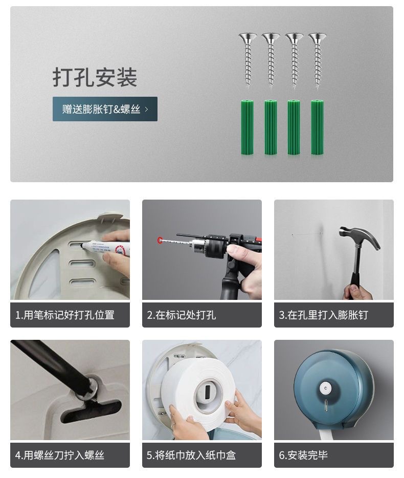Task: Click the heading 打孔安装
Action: [95, 77]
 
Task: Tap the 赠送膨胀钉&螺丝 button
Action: [105, 109]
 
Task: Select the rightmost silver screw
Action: [317, 59]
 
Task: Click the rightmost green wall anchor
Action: [317, 127]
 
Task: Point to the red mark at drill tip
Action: [160, 239]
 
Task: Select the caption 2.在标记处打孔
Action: [182, 315]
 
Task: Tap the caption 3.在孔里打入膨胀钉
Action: [323, 315]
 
